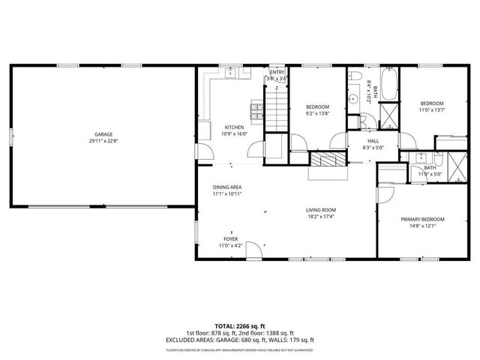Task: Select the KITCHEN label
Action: pos(234,127)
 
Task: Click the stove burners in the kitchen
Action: pos(256,112)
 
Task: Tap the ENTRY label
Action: pos(276,72)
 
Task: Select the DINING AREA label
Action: pos(226,187)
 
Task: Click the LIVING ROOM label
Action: pos(320,210)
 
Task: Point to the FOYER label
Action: pos(230,238)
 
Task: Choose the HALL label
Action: pos(373,141)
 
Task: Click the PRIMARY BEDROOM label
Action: pos(422,219)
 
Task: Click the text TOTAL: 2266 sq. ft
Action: pos(240,326)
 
